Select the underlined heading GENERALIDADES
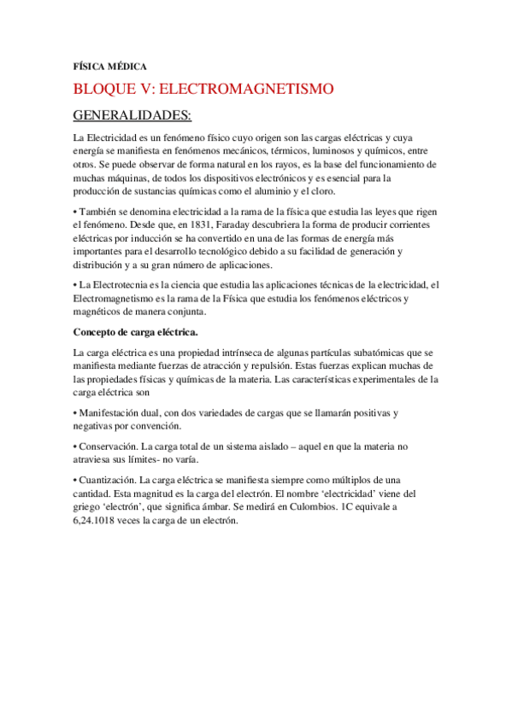pos(132,114)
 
